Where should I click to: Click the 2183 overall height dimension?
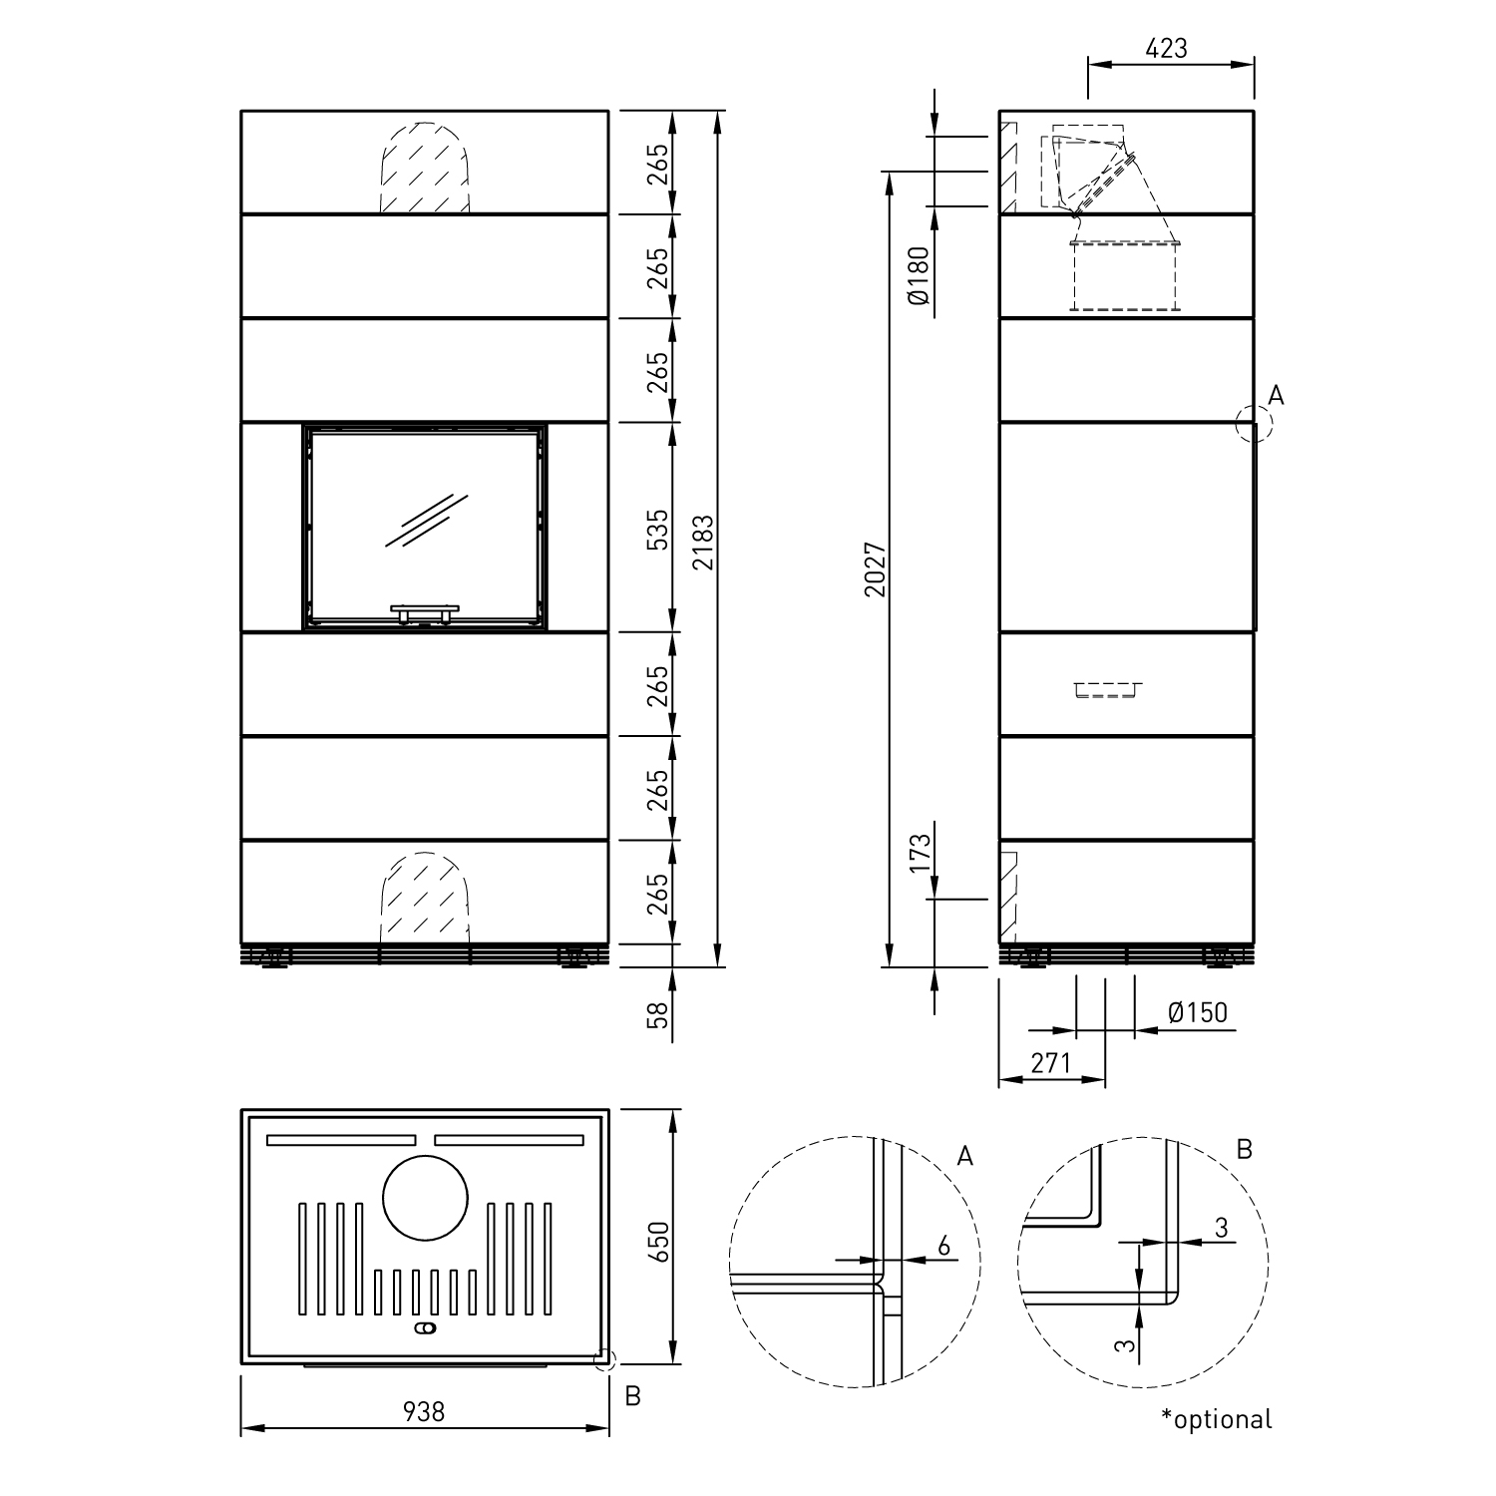click(x=704, y=541)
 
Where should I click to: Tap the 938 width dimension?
click(x=424, y=1411)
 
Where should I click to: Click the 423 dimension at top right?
click(x=1168, y=47)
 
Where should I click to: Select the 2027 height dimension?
click(x=875, y=569)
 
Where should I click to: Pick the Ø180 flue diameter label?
click(x=920, y=275)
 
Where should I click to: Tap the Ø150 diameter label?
click(x=1197, y=1013)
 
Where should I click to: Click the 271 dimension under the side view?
click(x=1050, y=1063)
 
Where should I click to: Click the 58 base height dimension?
click(x=657, y=1015)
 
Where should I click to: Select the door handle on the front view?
click(x=425, y=611)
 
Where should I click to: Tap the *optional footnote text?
click(x=1217, y=1418)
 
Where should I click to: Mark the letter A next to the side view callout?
click(x=1276, y=396)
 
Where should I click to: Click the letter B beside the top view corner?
click(x=632, y=1396)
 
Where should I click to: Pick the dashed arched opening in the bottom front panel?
click(x=425, y=898)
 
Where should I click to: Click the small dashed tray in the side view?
click(x=1107, y=689)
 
